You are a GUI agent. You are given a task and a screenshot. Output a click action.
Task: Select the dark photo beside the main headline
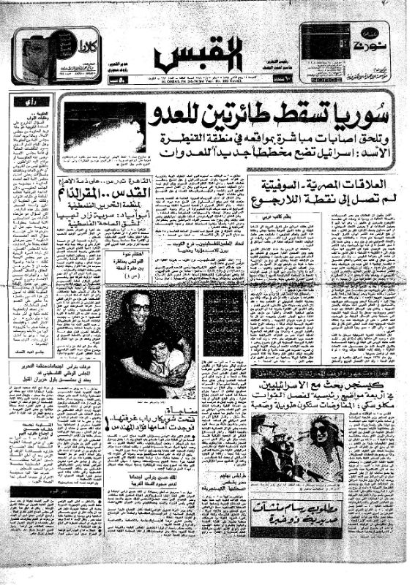click(x=103, y=126)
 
